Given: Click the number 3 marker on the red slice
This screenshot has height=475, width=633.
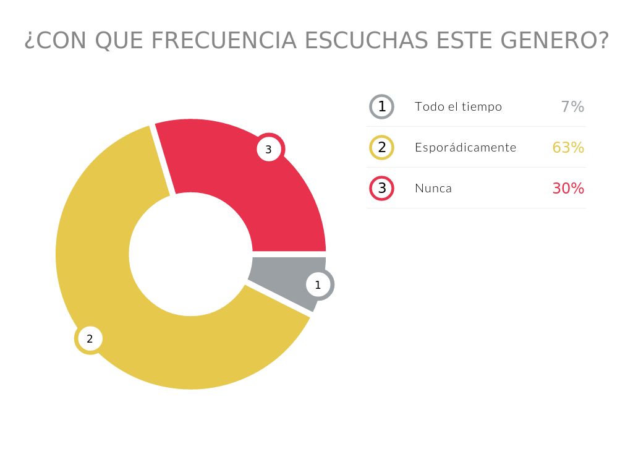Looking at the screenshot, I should (268, 149).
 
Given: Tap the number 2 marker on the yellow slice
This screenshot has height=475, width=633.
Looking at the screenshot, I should (90, 339).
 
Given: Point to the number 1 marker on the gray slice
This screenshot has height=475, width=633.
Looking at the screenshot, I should (318, 285).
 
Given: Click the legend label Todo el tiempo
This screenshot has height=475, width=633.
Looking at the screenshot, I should (458, 106).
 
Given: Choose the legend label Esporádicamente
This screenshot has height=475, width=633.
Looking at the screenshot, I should (465, 147).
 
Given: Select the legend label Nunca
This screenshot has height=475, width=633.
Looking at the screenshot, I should (433, 188).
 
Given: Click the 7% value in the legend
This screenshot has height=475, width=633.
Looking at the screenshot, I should (572, 106).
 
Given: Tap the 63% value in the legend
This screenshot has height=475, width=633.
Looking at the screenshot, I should (568, 147).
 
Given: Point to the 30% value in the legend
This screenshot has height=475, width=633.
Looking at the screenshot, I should (568, 188).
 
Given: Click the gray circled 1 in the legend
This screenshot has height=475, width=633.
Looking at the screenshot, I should (382, 106).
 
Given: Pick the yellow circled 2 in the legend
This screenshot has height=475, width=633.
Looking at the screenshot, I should (382, 147).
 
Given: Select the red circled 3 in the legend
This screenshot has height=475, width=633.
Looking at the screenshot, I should (382, 188).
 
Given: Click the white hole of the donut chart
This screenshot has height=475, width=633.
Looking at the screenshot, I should (190, 254).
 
